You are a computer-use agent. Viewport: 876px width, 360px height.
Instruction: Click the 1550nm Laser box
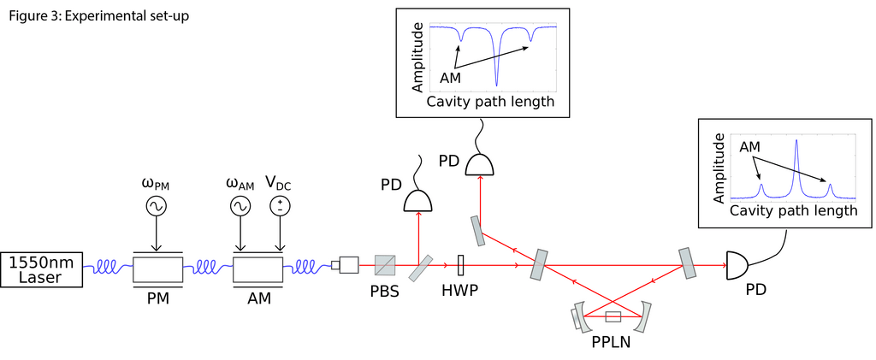[x=42, y=269]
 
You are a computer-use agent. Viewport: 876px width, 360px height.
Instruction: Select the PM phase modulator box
[x=157, y=269]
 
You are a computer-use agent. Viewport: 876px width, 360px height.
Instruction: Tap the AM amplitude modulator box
[x=257, y=269]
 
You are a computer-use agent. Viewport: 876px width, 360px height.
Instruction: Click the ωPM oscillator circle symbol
[x=157, y=206]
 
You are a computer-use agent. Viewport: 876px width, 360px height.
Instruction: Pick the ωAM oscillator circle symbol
[x=239, y=206]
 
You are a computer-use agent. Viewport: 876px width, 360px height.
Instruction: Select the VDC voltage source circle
[x=279, y=206]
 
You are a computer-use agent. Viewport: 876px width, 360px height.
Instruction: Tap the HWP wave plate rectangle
[x=461, y=266]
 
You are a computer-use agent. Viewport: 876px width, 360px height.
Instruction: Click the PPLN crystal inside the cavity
[x=613, y=318]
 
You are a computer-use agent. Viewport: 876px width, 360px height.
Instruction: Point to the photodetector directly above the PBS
[x=418, y=200]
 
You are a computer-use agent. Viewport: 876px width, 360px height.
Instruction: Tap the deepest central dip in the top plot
[x=497, y=83]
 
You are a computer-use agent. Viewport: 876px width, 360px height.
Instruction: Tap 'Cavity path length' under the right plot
[x=792, y=210]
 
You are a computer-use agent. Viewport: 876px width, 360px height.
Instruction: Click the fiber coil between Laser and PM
[x=109, y=268]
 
